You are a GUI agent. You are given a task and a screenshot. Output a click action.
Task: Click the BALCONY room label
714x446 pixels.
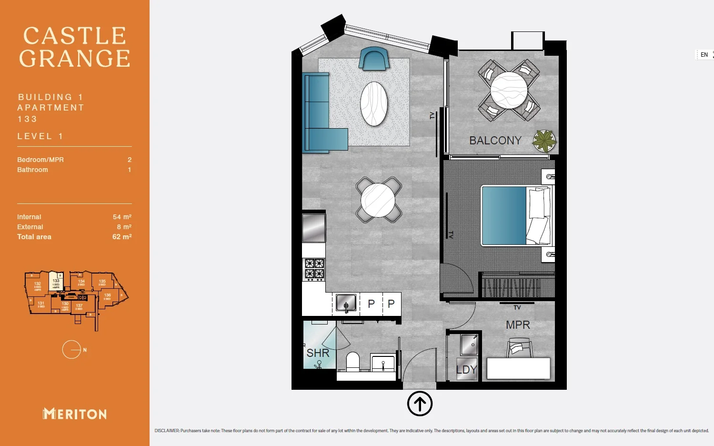point(495,141)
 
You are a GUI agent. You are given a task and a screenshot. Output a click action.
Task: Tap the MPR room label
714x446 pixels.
point(518,325)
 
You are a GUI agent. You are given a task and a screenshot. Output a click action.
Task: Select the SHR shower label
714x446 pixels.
point(318,353)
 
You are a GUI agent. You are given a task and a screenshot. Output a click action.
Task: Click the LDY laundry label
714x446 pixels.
point(466,370)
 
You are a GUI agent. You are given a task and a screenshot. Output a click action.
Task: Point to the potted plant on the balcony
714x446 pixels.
point(544,141)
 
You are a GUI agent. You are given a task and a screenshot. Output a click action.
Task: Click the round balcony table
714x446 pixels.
point(509,90)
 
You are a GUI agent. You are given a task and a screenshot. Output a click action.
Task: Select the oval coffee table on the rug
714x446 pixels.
point(374,104)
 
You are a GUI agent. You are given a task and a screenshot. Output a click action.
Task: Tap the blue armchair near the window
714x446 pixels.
point(374,59)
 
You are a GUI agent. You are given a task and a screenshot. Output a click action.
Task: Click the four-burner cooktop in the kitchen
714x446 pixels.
point(314,269)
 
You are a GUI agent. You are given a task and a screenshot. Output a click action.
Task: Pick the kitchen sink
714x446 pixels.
point(346,303)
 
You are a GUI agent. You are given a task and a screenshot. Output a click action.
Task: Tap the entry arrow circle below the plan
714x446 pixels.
point(420,404)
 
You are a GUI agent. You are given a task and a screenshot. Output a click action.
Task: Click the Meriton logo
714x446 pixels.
point(75,414)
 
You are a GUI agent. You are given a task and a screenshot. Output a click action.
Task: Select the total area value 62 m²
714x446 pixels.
point(122,237)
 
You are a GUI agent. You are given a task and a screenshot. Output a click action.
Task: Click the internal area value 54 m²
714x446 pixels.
point(122,217)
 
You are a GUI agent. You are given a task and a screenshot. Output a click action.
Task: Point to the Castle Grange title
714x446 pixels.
point(75,47)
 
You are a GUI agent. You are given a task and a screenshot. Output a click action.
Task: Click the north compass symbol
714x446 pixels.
point(72,350)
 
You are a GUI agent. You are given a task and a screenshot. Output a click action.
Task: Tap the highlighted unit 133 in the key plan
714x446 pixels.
point(56,282)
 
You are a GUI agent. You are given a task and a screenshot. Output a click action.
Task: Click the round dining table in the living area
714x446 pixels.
point(378,200)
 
